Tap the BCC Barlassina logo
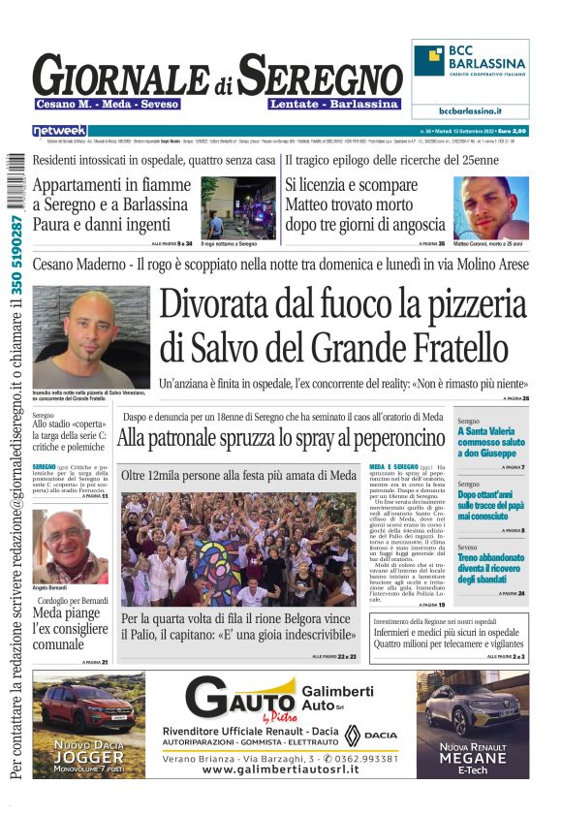click(470, 68)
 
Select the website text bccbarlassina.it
click(470, 110)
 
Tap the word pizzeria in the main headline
click(453, 303)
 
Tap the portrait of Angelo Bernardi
click(70, 546)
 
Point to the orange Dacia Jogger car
click(89, 709)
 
